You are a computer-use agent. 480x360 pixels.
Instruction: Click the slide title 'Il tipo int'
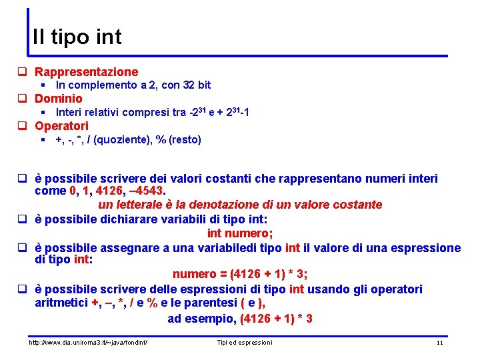[x=77, y=36]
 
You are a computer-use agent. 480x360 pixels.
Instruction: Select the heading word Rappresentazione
[x=87, y=71]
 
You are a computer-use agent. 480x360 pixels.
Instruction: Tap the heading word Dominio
[x=59, y=99]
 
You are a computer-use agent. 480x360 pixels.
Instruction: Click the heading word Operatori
[x=61, y=125]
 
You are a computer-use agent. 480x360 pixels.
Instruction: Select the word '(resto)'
[x=184, y=139]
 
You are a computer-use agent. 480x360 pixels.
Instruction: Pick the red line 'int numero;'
[x=240, y=233]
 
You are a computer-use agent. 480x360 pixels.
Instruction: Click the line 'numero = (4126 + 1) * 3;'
[x=240, y=274]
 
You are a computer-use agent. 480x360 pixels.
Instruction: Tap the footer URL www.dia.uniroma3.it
[x=87, y=342]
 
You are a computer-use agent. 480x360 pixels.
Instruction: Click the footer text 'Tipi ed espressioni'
[x=245, y=342]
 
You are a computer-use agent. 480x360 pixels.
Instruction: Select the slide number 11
[x=439, y=342]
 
